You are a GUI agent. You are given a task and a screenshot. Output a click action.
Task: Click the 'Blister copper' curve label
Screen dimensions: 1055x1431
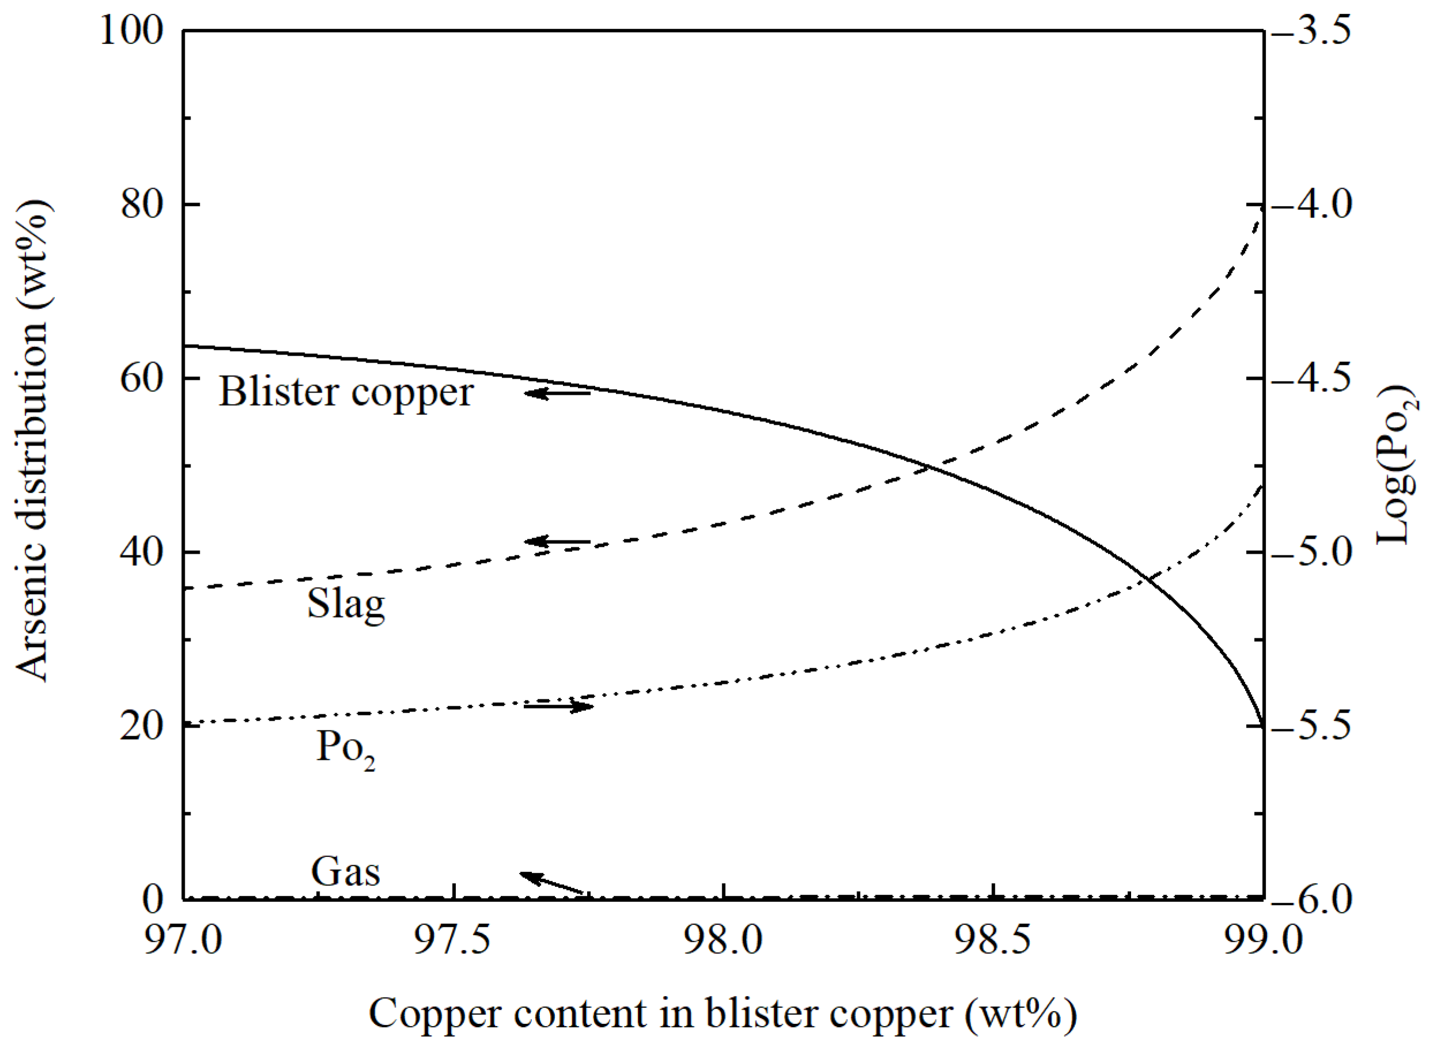(x=346, y=391)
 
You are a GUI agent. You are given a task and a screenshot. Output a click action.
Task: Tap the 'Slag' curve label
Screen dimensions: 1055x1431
(x=346, y=603)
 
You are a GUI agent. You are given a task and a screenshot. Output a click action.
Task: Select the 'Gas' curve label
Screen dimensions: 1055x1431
(x=345, y=871)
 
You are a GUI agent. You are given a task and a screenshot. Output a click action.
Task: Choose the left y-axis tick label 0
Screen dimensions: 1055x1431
(x=153, y=899)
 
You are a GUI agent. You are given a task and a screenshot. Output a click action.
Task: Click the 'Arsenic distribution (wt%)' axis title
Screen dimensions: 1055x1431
(x=32, y=441)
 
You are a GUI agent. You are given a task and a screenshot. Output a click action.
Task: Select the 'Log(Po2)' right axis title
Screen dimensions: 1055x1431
(x=1398, y=464)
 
